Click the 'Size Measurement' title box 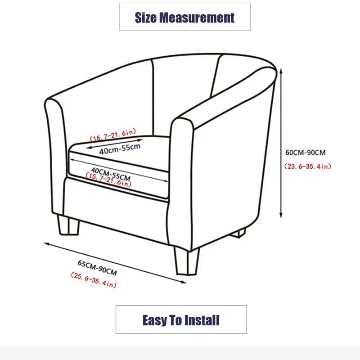(x=184, y=17)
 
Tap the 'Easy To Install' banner (x=181, y=320)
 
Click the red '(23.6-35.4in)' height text (x=308, y=166)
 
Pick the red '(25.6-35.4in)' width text (x=94, y=279)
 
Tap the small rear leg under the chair (x=241, y=233)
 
